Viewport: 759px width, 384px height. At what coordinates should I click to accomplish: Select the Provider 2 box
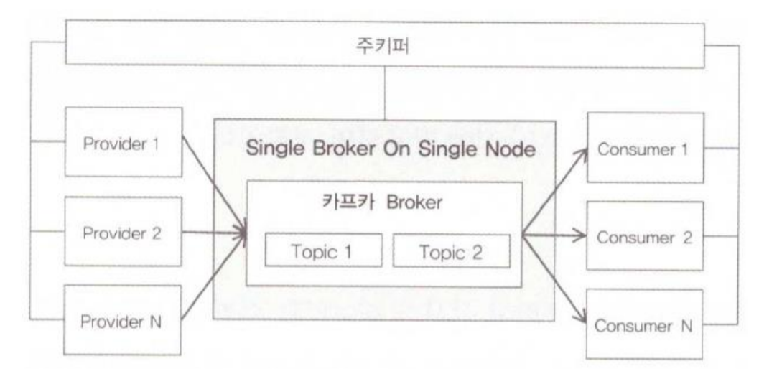[x=123, y=233]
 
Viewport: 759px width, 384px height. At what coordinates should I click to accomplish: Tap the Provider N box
[x=123, y=320]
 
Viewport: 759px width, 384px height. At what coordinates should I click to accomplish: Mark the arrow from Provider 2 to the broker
[x=213, y=233]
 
